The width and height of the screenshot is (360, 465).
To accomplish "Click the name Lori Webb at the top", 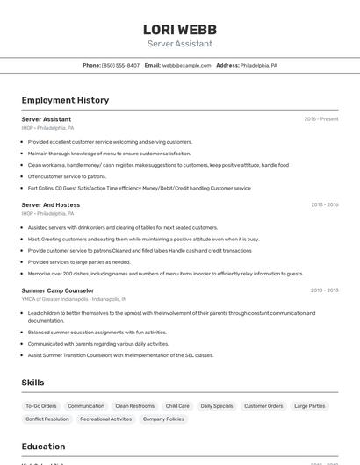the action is pos(180,30).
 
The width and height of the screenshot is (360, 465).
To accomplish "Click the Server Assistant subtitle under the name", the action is pos(180,43).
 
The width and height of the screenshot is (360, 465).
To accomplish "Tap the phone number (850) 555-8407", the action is pos(120,65).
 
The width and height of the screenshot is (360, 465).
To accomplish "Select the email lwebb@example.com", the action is pos(186,65).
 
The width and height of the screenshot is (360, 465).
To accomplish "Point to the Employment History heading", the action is pos(65,100).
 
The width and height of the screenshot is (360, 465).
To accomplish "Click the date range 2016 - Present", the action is pos(320,119).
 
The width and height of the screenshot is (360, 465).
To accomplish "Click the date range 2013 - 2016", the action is pos(324,204).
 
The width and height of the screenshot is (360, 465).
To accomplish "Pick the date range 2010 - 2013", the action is pos(324,290).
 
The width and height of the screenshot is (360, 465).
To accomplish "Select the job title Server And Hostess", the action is pos(51,204).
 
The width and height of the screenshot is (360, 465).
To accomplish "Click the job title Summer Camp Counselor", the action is pos(58,290).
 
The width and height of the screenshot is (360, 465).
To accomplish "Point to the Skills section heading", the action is pos(33,383).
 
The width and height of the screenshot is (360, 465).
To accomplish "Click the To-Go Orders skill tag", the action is pos(40,406).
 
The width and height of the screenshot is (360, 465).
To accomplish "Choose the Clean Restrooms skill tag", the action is pos(134,406).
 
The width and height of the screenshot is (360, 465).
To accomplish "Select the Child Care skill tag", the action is pos(177,406).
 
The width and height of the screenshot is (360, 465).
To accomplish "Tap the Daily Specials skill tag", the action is pos(217,406).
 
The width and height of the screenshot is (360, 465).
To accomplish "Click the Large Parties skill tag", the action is pos(309,406).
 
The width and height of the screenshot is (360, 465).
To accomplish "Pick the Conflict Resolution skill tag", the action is pos(47,419).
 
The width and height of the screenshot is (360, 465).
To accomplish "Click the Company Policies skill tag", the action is pos(163,419).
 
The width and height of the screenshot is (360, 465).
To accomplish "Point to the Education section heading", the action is pos(44,447).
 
